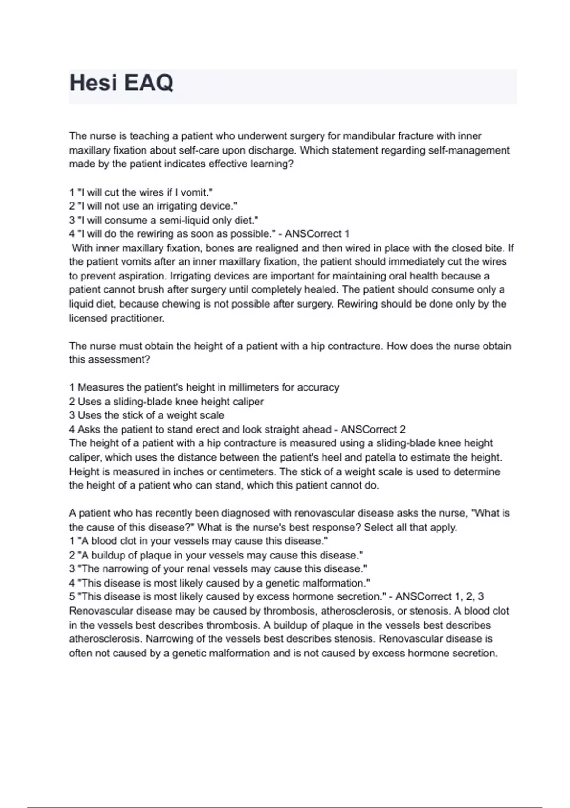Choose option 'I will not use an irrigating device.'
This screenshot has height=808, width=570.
click(153, 206)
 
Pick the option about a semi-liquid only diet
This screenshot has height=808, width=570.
click(163, 221)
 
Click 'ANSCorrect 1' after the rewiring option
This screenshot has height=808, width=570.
click(317, 234)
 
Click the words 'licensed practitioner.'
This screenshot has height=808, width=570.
click(117, 318)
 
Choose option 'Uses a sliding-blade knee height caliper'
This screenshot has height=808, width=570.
click(166, 402)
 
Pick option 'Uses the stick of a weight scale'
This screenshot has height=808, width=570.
click(146, 415)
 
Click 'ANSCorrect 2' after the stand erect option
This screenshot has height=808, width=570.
click(373, 430)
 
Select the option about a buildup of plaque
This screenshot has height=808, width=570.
click(216, 555)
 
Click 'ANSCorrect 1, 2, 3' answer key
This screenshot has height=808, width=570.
click(439, 597)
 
